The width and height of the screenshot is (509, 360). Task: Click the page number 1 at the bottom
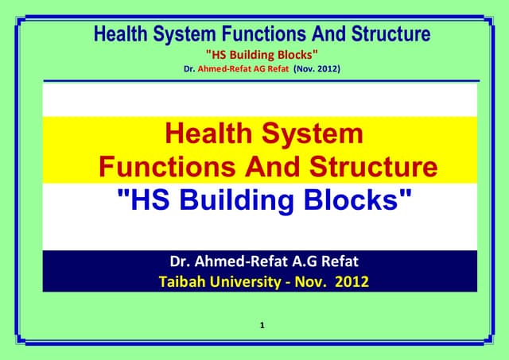click(262, 326)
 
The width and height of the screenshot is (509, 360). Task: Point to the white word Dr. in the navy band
click(181, 261)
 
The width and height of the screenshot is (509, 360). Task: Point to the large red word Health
click(208, 133)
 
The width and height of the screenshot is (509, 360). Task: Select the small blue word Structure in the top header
click(392, 34)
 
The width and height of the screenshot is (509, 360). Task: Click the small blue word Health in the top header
click(122, 34)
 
